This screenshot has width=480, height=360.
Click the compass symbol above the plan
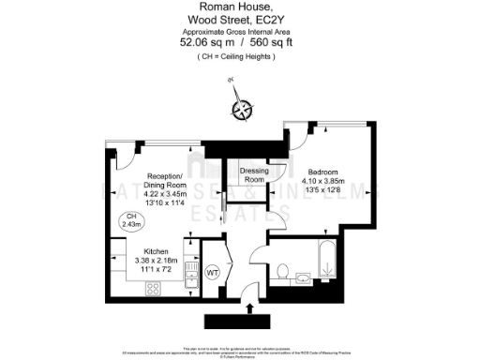point(243,111)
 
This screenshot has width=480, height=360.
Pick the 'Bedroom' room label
point(323,172)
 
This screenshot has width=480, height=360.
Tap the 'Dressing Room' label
point(254,174)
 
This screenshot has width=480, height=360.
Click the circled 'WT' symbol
point(213,272)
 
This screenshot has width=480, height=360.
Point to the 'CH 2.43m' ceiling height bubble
point(131,221)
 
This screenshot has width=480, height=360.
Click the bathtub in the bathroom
point(327,255)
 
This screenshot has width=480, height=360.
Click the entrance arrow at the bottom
point(249,309)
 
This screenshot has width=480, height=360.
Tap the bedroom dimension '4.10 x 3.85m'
point(325,181)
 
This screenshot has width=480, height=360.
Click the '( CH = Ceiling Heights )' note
point(237,56)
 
